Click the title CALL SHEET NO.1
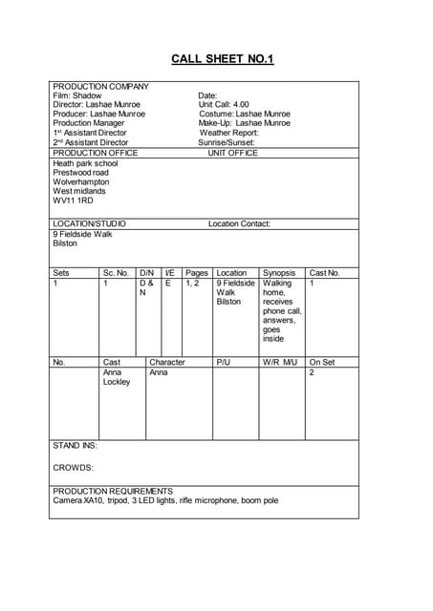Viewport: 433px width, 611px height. [222, 59]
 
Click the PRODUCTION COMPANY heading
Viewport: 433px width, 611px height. [100, 86]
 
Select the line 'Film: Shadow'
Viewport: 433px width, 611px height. [77, 95]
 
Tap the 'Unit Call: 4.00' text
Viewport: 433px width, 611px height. [224, 105]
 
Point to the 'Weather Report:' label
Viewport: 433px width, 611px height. [228, 133]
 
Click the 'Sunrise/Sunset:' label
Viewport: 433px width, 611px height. [227, 142]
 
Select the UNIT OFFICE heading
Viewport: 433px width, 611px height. [232, 153]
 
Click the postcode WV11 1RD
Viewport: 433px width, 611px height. [73, 201]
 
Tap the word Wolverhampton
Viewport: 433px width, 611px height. [81, 182]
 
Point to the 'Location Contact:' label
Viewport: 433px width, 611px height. [239, 223]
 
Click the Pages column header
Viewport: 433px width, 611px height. [197, 273]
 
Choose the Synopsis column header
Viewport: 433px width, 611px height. [279, 273]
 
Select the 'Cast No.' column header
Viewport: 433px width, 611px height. [324, 273]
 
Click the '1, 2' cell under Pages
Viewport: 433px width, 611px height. [192, 284]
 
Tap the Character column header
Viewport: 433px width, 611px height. [167, 363]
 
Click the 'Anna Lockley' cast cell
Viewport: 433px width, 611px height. [116, 377]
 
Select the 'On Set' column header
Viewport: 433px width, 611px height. [322, 363]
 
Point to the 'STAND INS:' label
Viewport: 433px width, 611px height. [75, 446]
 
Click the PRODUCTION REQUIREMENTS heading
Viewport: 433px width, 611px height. [113, 491]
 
